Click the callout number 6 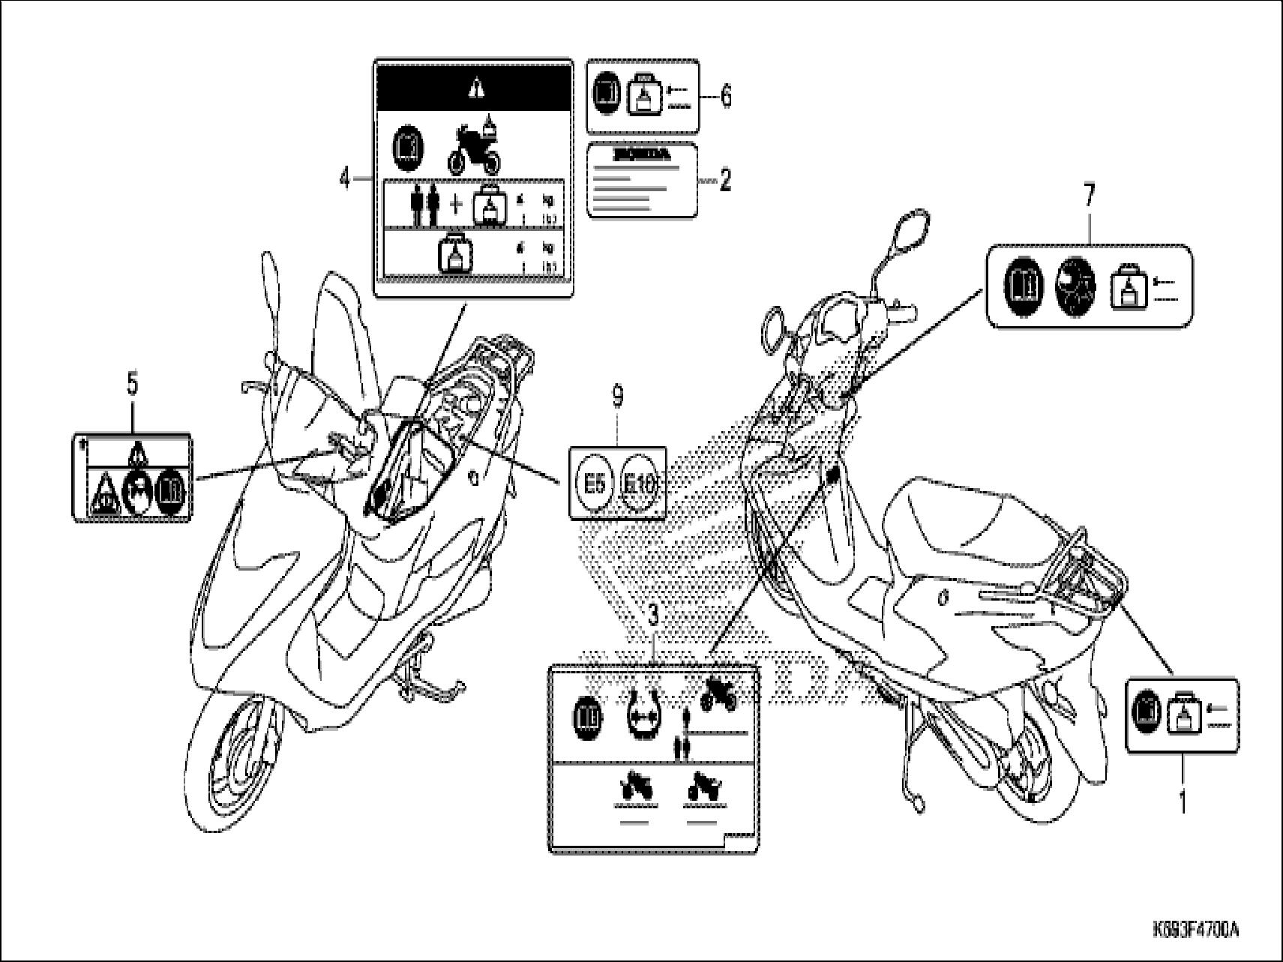[726, 97]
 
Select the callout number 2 [725, 180]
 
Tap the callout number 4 [345, 178]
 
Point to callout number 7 [1088, 196]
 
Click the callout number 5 [132, 385]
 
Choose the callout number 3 [653, 617]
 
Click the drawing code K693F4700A [1195, 930]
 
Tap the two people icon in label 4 [422, 205]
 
